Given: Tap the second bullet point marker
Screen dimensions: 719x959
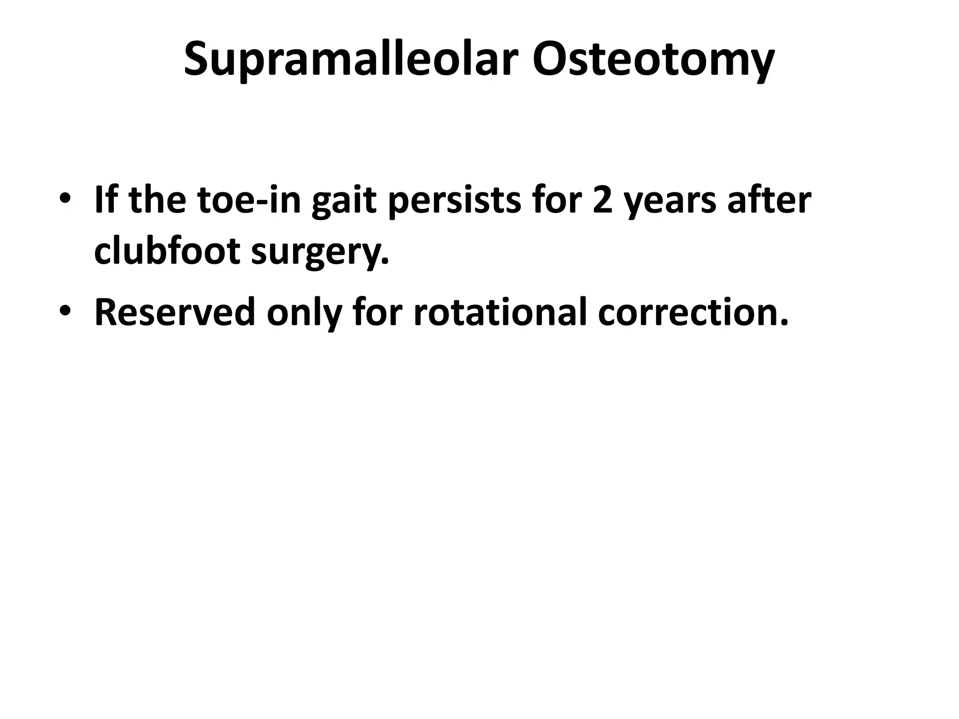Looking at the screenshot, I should click(x=65, y=311).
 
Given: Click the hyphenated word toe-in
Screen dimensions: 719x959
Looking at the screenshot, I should click(x=249, y=200).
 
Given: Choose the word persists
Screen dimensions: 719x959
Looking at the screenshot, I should click(x=454, y=200).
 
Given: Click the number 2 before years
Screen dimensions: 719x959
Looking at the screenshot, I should click(x=604, y=200).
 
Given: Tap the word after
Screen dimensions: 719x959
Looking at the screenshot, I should click(x=769, y=200).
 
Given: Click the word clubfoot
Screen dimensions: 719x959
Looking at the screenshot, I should click(x=167, y=251).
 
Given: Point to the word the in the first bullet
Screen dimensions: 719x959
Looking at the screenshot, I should click(x=157, y=200).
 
